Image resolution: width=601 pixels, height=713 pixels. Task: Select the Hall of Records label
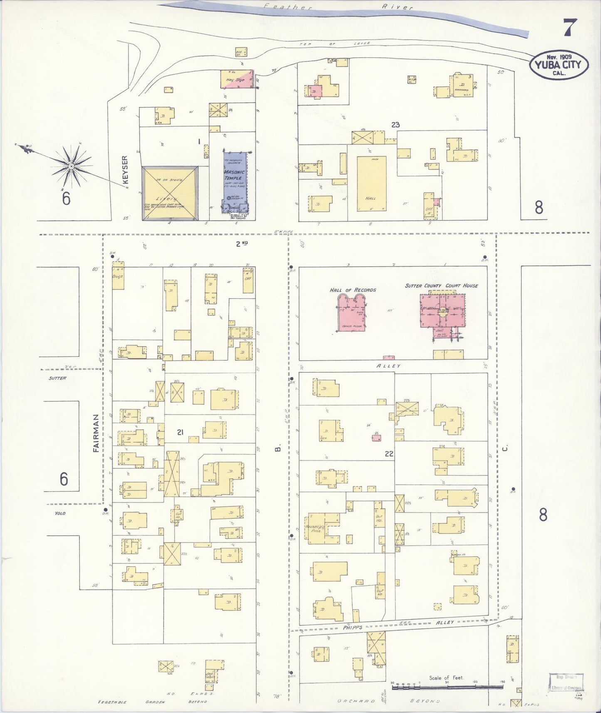pyautogui.click(x=353, y=290)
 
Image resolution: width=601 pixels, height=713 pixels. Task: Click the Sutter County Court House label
pyautogui.click(x=441, y=286)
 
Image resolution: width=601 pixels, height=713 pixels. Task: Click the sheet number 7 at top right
pyautogui.click(x=569, y=28)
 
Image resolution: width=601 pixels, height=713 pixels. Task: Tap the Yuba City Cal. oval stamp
pyautogui.click(x=559, y=64)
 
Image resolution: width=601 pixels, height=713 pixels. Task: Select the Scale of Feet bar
pyautogui.click(x=447, y=683)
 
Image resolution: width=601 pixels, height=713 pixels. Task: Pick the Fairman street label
pyautogui.click(x=96, y=433)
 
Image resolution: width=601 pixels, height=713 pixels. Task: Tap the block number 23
pyautogui.click(x=395, y=124)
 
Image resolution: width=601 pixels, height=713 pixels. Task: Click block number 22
pyautogui.click(x=389, y=454)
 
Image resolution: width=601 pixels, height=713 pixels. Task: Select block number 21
pyautogui.click(x=180, y=432)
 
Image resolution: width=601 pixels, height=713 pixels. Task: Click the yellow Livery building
pyautogui.click(x=170, y=193)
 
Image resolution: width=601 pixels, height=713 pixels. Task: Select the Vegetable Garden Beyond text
pyautogui.click(x=152, y=702)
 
